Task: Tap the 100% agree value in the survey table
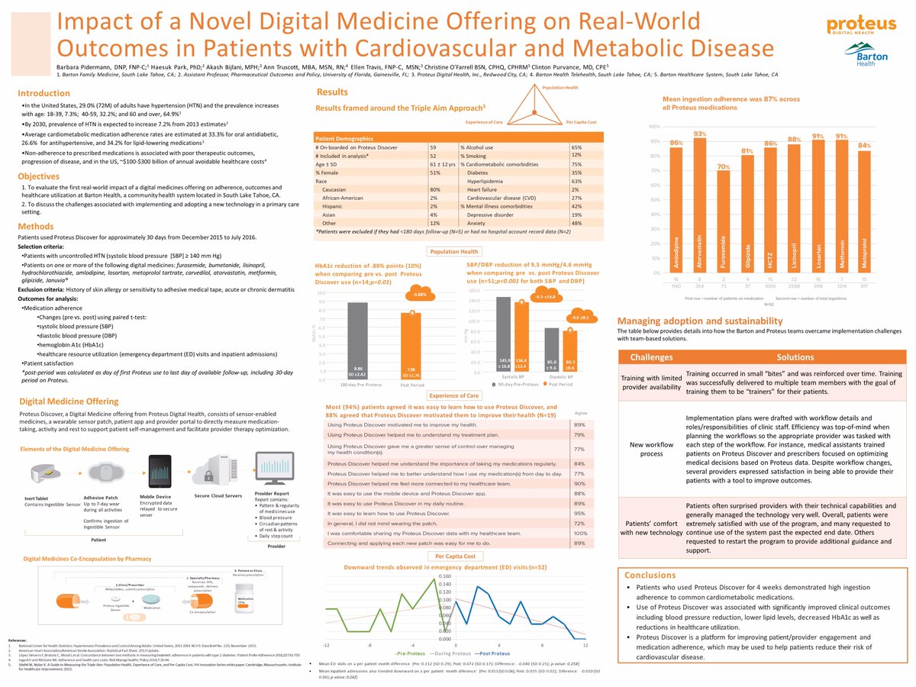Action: coord(579,533)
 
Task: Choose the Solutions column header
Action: coord(795,357)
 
